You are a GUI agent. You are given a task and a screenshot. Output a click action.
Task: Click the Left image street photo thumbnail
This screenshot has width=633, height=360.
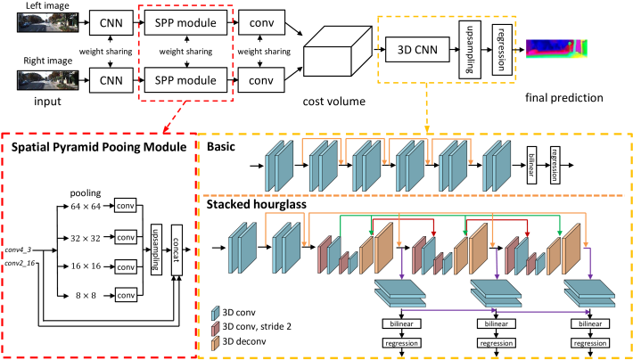[x=47, y=22]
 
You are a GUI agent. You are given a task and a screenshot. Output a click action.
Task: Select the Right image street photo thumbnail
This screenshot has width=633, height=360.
[x=47, y=80]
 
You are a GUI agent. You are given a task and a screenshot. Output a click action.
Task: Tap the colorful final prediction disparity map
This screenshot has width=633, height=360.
[x=557, y=49]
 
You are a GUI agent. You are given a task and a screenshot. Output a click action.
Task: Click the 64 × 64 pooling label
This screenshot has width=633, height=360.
[x=85, y=207]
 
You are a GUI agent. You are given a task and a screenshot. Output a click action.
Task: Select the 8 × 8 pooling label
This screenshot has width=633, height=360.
[x=85, y=296]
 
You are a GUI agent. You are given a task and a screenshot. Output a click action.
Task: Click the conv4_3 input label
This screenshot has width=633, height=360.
[x=18, y=250]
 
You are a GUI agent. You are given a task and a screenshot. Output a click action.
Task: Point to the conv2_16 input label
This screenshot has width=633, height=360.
[x=20, y=263]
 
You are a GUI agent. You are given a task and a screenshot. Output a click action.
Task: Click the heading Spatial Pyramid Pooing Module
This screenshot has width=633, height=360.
[x=99, y=147]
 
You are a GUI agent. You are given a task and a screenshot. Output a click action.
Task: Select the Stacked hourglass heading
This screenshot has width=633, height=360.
[x=257, y=205]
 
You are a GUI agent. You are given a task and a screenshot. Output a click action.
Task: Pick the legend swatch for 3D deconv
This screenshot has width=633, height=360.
[x=216, y=342]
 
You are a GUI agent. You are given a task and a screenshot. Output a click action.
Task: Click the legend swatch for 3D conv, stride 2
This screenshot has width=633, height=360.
[x=216, y=328]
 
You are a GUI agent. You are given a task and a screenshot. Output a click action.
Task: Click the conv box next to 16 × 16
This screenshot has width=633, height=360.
[x=125, y=266]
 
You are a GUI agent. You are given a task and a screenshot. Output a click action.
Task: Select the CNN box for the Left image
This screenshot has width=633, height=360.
[x=111, y=22]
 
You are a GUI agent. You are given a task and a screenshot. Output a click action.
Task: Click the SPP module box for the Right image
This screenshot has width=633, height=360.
[x=185, y=80]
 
